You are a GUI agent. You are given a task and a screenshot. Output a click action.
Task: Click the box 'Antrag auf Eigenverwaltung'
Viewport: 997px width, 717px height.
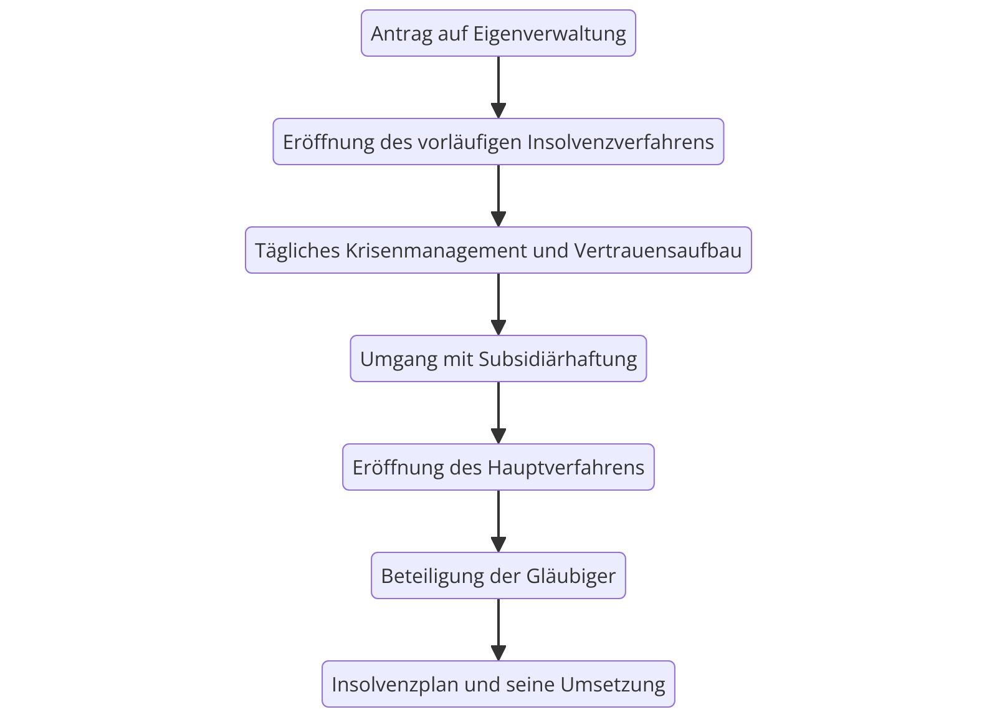498,34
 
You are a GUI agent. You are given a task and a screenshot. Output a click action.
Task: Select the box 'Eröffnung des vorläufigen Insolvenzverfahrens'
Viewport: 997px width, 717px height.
498,142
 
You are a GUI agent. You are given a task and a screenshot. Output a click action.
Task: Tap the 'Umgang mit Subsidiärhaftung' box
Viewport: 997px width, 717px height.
498,358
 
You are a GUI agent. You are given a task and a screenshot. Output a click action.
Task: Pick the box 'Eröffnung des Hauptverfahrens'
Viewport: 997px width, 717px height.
498,467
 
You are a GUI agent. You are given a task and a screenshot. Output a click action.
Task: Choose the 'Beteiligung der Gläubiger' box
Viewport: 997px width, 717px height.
498,575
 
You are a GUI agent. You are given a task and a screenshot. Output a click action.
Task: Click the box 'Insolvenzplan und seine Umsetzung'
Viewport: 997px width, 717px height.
498,684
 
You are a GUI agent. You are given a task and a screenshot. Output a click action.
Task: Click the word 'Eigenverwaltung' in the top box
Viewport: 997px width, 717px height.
549,34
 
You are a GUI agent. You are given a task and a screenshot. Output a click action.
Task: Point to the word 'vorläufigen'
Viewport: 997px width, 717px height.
470,143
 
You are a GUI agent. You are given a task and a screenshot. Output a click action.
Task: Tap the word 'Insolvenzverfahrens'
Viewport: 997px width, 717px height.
621,142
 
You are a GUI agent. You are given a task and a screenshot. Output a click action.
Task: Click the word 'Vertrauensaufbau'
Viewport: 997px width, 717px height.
658,250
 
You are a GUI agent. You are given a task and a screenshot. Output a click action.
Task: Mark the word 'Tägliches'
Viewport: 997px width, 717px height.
297,251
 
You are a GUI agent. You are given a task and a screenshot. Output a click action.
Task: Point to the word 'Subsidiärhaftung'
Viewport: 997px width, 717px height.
558,359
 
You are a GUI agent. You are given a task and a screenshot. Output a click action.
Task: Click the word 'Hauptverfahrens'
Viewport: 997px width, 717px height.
566,468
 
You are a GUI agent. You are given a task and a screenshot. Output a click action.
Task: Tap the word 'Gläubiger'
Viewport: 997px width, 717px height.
571,577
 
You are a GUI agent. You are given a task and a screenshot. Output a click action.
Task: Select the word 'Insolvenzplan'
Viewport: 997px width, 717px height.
395,685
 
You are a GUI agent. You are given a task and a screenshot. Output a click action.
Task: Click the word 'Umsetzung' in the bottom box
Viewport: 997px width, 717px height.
613,685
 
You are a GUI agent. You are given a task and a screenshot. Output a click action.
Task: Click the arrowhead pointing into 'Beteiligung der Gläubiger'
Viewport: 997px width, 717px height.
498,545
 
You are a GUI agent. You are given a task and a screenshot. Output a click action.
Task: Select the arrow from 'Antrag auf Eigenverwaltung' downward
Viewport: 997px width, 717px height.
498,87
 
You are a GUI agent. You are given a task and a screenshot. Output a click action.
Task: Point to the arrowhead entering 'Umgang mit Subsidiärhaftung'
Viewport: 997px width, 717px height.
498,327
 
